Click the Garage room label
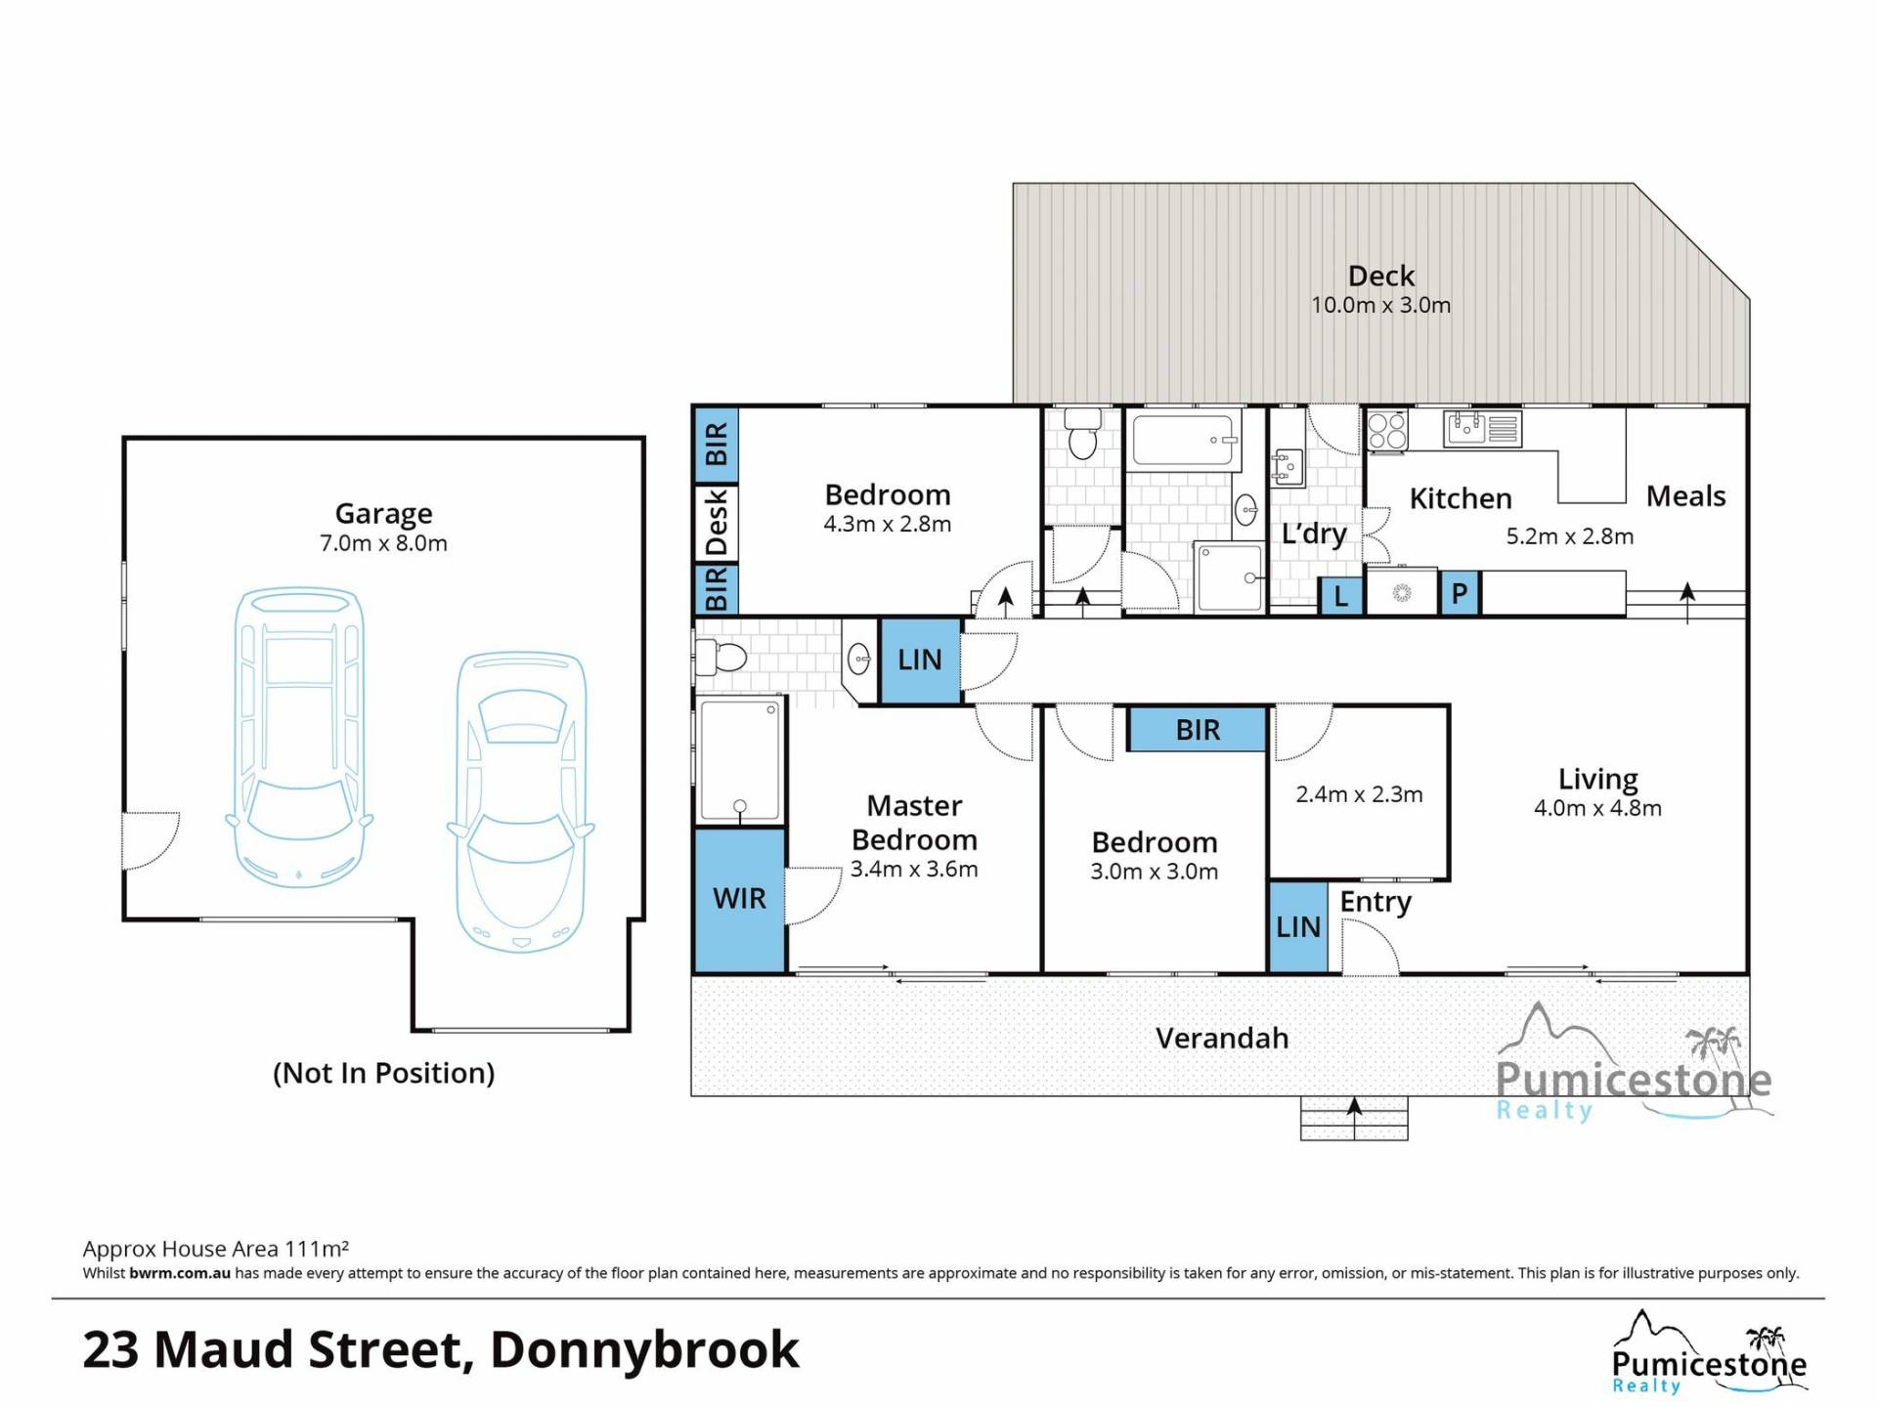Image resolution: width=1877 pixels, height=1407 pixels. coord(383,513)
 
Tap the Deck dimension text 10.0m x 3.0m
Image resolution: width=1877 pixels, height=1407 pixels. coord(1380,305)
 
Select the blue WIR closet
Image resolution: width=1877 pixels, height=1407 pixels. coord(740,900)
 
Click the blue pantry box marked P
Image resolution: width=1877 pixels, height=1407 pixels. coord(1460,593)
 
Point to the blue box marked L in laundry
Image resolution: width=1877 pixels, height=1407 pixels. coord(1341,595)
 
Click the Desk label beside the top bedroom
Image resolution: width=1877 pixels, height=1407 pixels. coord(717,523)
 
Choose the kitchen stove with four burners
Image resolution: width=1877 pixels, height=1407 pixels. coord(1387,430)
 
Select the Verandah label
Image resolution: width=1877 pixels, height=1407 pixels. coord(1222,1038)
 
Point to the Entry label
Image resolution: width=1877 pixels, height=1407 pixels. coord(1375,903)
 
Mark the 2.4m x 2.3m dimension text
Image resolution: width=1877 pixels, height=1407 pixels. coord(1359,794)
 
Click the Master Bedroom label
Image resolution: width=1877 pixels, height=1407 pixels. coord(914,823)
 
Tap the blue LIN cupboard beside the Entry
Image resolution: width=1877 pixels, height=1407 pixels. coord(1298,927)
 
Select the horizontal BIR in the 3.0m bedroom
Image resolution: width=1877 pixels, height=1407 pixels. coord(1198,730)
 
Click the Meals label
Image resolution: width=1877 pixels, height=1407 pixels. coord(1685,496)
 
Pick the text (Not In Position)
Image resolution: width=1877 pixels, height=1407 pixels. coord(383,1073)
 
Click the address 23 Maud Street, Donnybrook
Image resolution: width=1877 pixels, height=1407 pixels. coord(441,1349)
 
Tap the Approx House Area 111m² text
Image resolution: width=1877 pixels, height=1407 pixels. coord(216,1248)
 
